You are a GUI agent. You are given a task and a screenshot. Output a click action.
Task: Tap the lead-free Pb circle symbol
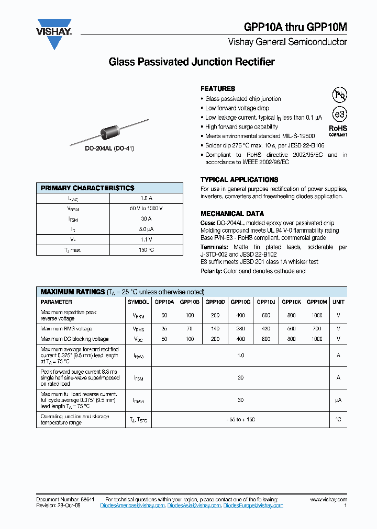coord(340,95)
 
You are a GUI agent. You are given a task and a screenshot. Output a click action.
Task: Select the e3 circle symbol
coord(340,114)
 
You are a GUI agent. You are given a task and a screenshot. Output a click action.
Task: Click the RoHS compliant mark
coord(338,130)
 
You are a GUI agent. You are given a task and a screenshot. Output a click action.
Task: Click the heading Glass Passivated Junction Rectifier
coord(192,62)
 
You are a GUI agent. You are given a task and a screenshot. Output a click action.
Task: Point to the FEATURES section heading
coord(218,89)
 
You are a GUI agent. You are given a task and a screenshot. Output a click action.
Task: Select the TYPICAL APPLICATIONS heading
coord(239,179)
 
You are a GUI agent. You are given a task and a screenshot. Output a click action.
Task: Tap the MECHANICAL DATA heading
coord(232,213)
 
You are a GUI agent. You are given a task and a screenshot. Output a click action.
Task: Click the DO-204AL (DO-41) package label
coord(109,148)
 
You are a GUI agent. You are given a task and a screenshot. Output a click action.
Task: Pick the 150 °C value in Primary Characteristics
coord(146,250)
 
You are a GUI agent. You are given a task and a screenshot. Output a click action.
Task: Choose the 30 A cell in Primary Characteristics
coord(146,219)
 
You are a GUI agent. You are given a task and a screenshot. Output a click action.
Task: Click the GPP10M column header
coord(317,302)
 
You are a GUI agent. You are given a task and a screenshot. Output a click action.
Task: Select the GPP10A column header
coord(164,302)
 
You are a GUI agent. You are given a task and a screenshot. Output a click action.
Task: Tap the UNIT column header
coord(338,302)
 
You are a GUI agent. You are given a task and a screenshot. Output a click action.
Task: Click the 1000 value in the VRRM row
coord(317,315)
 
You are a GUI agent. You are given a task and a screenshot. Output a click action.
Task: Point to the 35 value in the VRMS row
coord(164,329)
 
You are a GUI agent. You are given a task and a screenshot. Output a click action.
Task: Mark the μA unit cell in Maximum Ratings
coord(338,400)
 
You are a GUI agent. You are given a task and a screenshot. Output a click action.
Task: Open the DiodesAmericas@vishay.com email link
coord(135,505)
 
